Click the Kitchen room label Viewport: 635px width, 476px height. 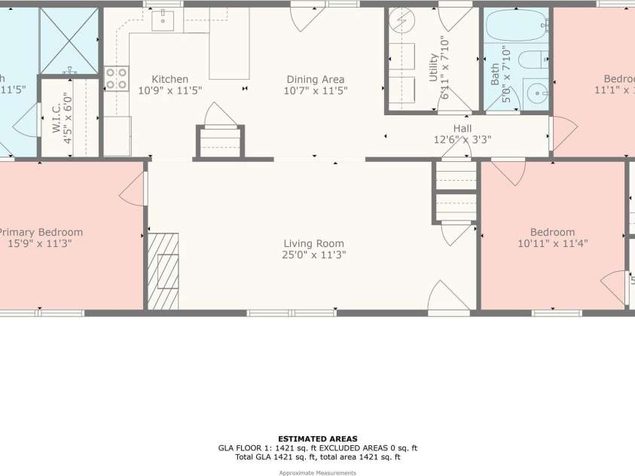[169, 79]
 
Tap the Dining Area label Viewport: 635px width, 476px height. [315, 79]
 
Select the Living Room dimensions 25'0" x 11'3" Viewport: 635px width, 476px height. [313, 255]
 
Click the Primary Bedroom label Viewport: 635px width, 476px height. [41, 232]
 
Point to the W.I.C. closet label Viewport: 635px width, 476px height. [56, 117]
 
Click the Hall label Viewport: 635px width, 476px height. [462, 129]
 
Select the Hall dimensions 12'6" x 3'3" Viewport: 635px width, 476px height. [462, 139]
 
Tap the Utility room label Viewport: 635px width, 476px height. [433, 68]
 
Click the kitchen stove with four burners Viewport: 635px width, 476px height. [116, 78]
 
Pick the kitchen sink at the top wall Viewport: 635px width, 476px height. [163, 21]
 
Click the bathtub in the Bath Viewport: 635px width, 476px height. [516, 26]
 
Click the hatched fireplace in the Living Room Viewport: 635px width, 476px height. [163, 271]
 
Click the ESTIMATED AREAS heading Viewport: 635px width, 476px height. [317, 438]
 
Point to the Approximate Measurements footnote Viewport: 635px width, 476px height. [317, 472]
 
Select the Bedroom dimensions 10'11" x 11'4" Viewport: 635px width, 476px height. [552, 243]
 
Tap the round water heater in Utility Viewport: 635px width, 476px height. [401, 21]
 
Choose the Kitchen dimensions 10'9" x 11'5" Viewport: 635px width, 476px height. [169, 90]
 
